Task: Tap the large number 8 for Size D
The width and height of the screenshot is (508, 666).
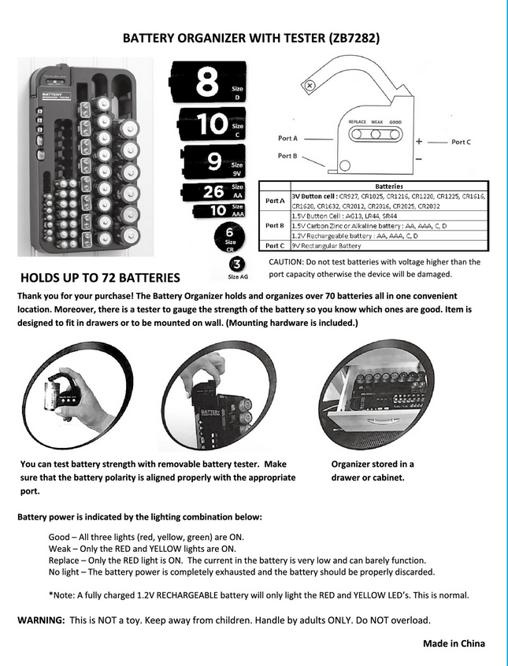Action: tap(206, 82)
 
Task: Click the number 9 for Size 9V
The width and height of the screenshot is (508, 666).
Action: tap(213, 161)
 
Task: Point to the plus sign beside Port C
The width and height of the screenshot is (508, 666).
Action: tap(419, 141)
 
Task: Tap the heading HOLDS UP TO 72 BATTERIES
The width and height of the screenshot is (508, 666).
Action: tap(100, 278)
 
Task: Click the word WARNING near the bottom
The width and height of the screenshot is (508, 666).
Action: tap(41, 620)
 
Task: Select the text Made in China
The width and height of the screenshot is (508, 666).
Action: tap(454, 643)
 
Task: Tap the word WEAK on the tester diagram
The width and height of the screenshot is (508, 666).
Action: tap(377, 123)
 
